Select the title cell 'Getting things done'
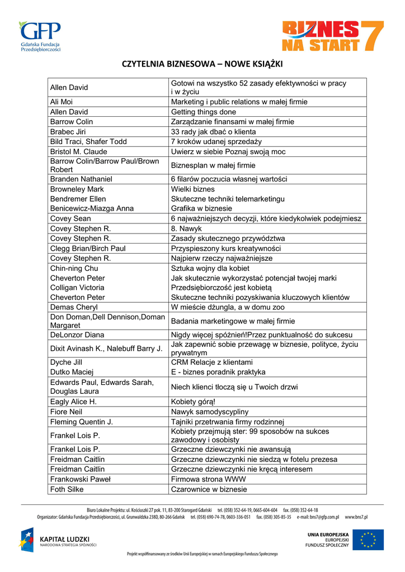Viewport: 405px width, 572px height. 204,112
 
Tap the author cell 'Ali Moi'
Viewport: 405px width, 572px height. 62,102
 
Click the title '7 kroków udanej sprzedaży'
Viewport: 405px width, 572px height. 216,142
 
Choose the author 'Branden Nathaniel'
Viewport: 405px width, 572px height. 81,179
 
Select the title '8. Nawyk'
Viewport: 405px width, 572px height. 186,228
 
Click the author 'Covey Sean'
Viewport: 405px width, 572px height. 70,218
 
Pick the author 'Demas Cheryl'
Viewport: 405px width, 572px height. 74,307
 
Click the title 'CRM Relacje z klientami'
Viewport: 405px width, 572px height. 211,362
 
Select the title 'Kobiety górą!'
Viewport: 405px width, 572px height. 193,402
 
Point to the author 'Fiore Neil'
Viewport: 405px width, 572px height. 66,412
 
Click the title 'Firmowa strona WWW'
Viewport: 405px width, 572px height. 208,479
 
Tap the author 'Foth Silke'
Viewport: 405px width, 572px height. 67,489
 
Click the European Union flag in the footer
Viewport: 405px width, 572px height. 368,540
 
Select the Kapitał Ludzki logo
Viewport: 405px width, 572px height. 59,540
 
